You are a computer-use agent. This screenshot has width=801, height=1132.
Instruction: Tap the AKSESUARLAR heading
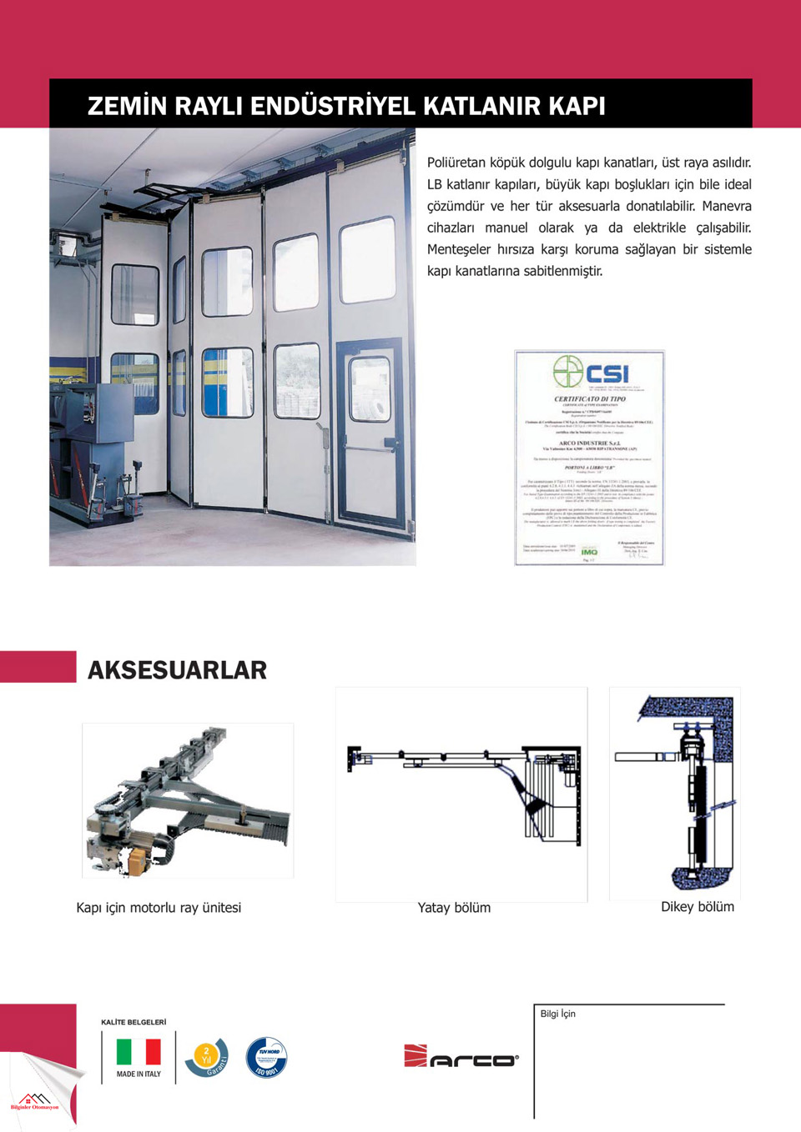(x=177, y=670)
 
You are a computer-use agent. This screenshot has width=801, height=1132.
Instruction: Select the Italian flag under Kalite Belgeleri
(x=139, y=1052)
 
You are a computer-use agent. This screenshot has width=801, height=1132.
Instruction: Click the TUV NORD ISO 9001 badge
(x=267, y=1058)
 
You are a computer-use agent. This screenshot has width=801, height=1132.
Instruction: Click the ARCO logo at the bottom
(x=461, y=1056)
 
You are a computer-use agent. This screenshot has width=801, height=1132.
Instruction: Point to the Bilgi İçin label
(x=557, y=1014)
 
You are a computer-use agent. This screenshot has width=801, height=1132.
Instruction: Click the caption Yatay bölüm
(x=454, y=908)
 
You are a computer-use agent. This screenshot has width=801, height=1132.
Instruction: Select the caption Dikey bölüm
(x=698, y=907)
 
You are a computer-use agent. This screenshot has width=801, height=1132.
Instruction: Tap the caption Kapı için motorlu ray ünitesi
(x=159, y=908)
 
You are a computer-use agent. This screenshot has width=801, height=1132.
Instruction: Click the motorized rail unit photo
(x=188, y=800)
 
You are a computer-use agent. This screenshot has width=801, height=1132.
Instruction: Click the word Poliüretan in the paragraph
(x=456, y=163)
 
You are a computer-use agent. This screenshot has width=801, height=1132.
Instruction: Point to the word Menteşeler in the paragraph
(x=459, y=249)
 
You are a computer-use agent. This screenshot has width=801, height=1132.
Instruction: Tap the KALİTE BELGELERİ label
(x=133, y=1022)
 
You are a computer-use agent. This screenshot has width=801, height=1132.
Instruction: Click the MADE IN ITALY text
(x=139, y=1074)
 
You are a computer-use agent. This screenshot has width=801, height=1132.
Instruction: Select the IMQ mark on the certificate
(x=589, y=552)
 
